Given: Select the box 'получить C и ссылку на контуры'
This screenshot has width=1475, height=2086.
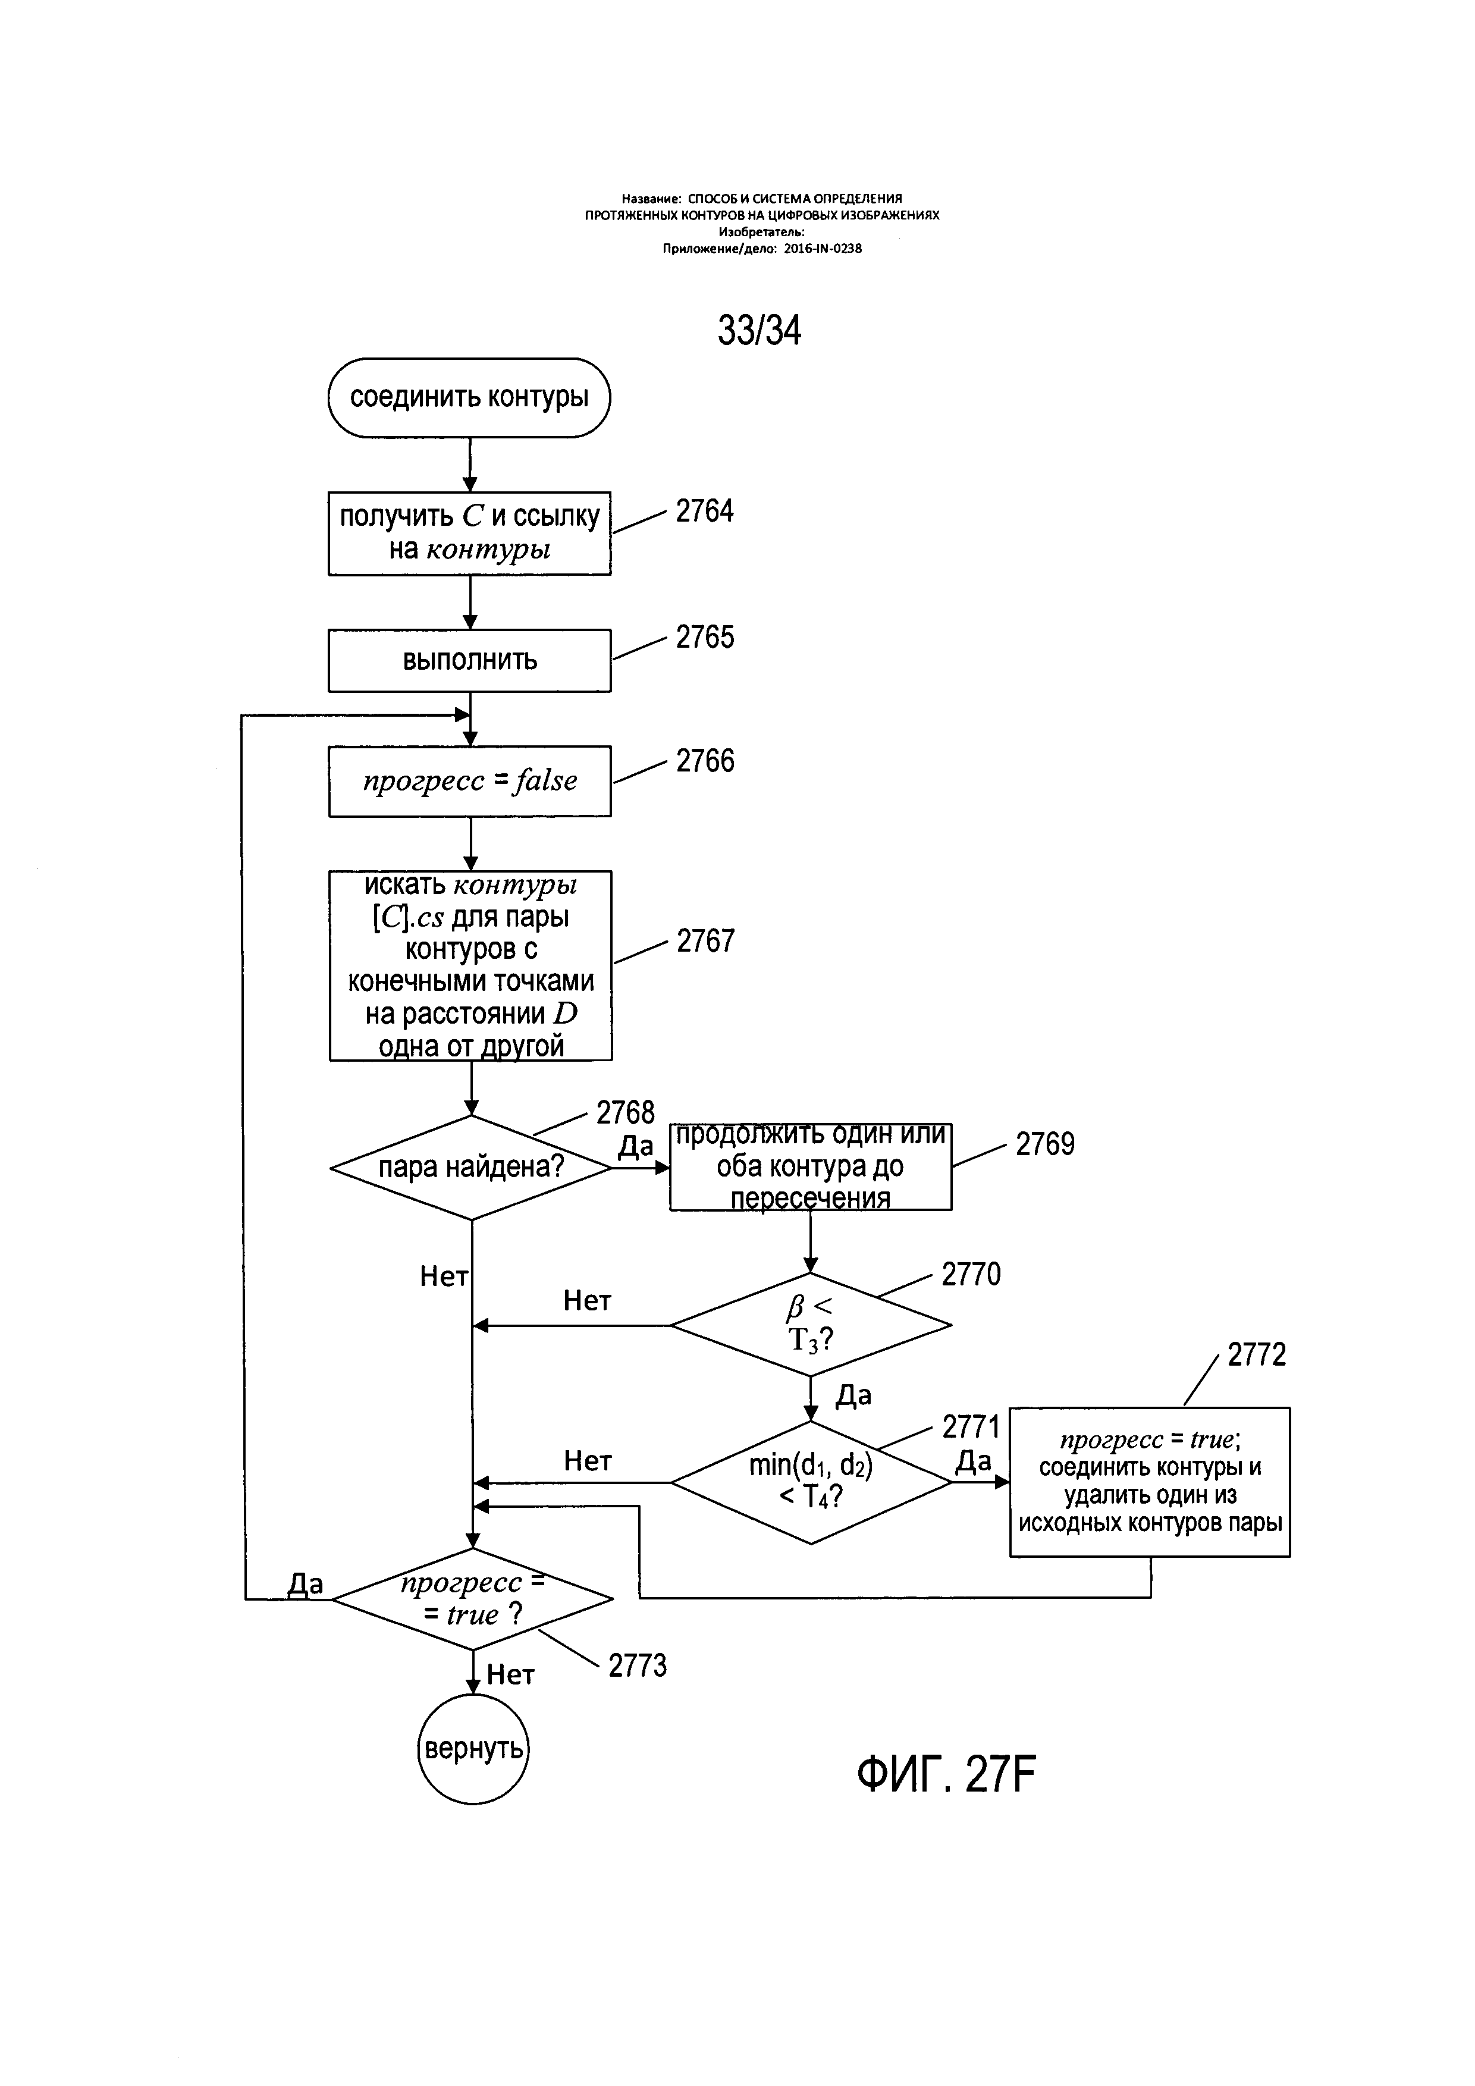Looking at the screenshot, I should (469, 534).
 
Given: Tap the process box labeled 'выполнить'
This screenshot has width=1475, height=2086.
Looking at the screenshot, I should (469, 660).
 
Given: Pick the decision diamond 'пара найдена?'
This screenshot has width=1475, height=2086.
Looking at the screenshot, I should (470, 1168).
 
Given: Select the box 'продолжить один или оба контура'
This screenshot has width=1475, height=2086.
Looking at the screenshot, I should (810, 1166).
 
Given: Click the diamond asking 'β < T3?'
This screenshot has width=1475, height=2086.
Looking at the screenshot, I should (810, 1325).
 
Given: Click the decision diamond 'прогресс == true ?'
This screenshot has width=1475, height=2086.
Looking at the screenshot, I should (472, 1599).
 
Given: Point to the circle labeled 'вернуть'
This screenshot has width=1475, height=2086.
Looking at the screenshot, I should (472, 1749).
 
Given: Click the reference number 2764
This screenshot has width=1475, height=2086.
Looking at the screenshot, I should (705, 512).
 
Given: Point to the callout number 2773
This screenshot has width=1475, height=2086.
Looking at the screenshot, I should (638, 1666).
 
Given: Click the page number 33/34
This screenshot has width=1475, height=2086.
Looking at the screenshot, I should (760, 331).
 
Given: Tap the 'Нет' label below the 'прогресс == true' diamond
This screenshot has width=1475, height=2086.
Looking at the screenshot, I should (510, 1674).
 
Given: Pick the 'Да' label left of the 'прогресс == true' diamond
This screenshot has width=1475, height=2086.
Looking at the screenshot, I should (305, 1585).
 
